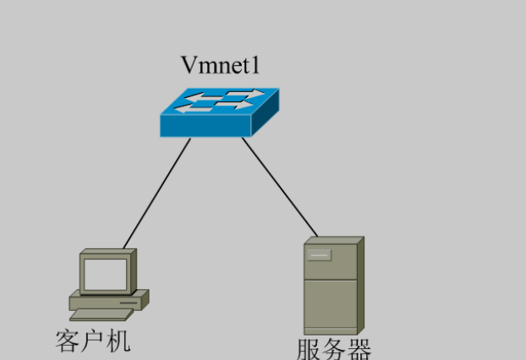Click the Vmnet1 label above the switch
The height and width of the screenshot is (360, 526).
[218, 65]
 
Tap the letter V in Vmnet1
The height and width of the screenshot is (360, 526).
[189, 65]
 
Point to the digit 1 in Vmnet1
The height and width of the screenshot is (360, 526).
[250, 65]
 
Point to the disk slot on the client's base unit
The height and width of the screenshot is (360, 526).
[127, 300]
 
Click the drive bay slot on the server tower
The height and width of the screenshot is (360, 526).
[319, 254]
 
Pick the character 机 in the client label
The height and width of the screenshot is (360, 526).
[118, 341]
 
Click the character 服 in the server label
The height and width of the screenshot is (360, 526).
[310, 349]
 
